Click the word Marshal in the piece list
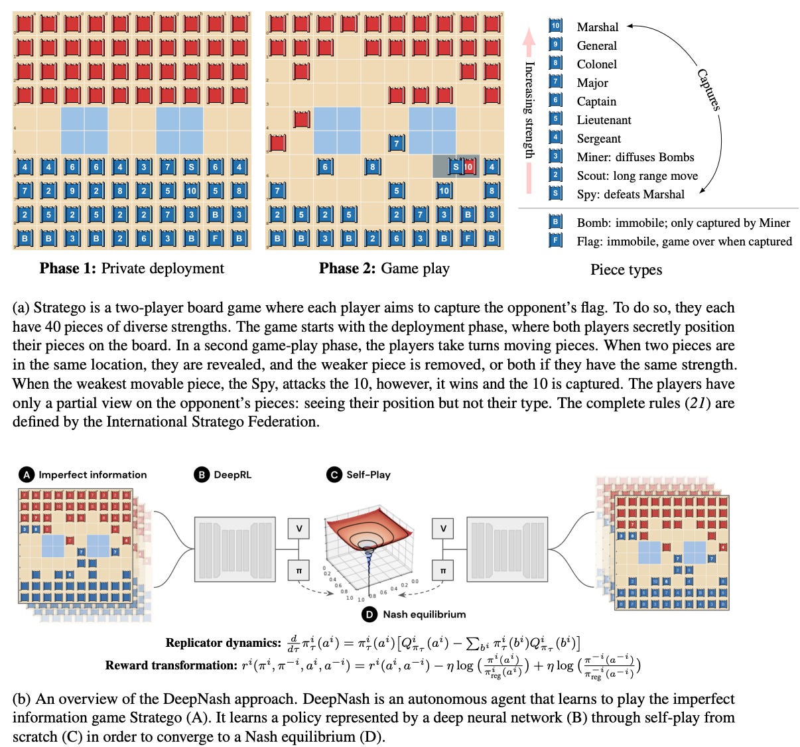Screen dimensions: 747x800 pyautogui.click(x=597, y=27)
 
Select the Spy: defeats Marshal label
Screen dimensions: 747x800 pyautogui.click(x=630, y=194)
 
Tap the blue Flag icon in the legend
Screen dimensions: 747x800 pyautogui.click(x=556, y=240)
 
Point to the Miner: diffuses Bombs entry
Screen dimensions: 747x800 pyautogui.click(x=635, y=157)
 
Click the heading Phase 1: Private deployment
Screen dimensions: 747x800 pyautogui.click(x=131, y=268)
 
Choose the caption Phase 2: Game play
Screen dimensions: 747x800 pyautogui.click(x=384, y=268)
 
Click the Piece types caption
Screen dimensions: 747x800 pyautogui.click(x=626, y=269)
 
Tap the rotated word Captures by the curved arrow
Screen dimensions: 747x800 pyautogui.click(x=708, y=90)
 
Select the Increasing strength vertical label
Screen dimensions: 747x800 pyautogui.click(x=529, y=109)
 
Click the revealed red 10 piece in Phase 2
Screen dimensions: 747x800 pyautogui.click(x=469, y=167)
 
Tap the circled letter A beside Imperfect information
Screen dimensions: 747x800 pyautogui.click(x=27, y=474)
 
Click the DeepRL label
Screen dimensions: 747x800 pyautogui.click(x=232, y=474)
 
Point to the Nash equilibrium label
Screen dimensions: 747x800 pyautogui.click(x=424, y=614)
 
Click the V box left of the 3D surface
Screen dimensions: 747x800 pyautogui.click(x=299, y=529)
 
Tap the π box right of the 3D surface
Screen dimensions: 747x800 pyautogui.click(x=443, y=570)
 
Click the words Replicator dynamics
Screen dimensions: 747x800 pyautogui.click(x=223, y=643)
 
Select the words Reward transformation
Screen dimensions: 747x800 pyautogui.click(x=170, y=665)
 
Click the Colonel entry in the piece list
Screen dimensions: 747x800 pyautogui.click(x=596, y=64)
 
